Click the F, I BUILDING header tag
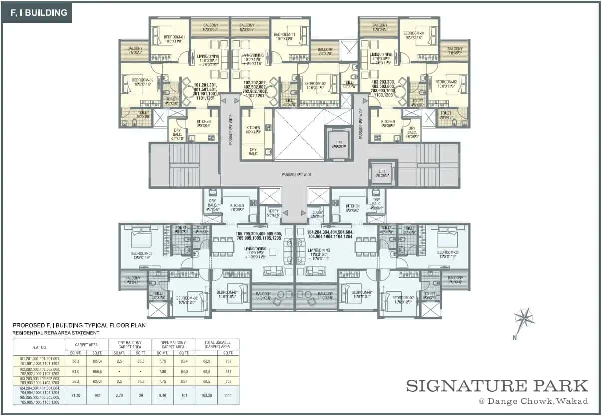tap(36, 13)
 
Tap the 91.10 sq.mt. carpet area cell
tap(76, 394)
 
